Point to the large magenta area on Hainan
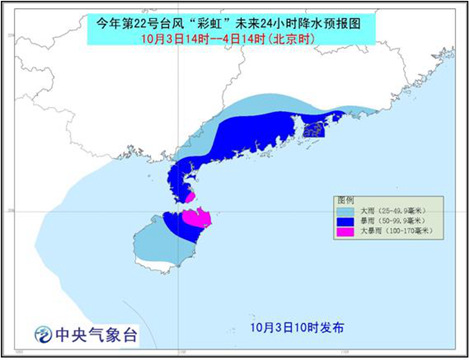tap(194, 216)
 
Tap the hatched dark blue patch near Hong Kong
tap(314, 127)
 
